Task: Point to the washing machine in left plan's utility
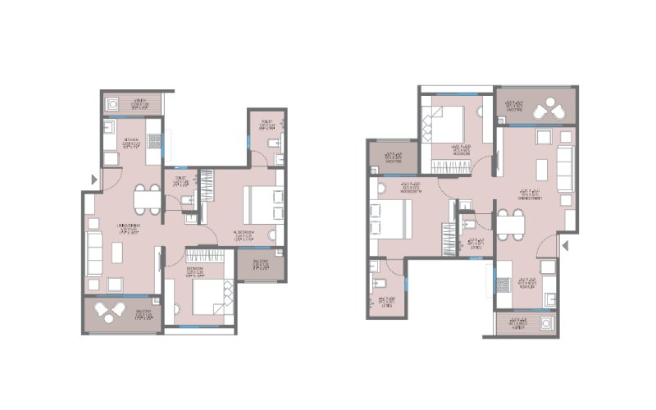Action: pyautogui.click(x=113, y=103)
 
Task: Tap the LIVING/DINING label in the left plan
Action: pyautogui.click(x=127, y=227)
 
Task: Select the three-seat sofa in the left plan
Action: pyautogui.click(x=94, y=253)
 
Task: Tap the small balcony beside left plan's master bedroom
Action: pyautogui.click(x=260, y=265)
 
